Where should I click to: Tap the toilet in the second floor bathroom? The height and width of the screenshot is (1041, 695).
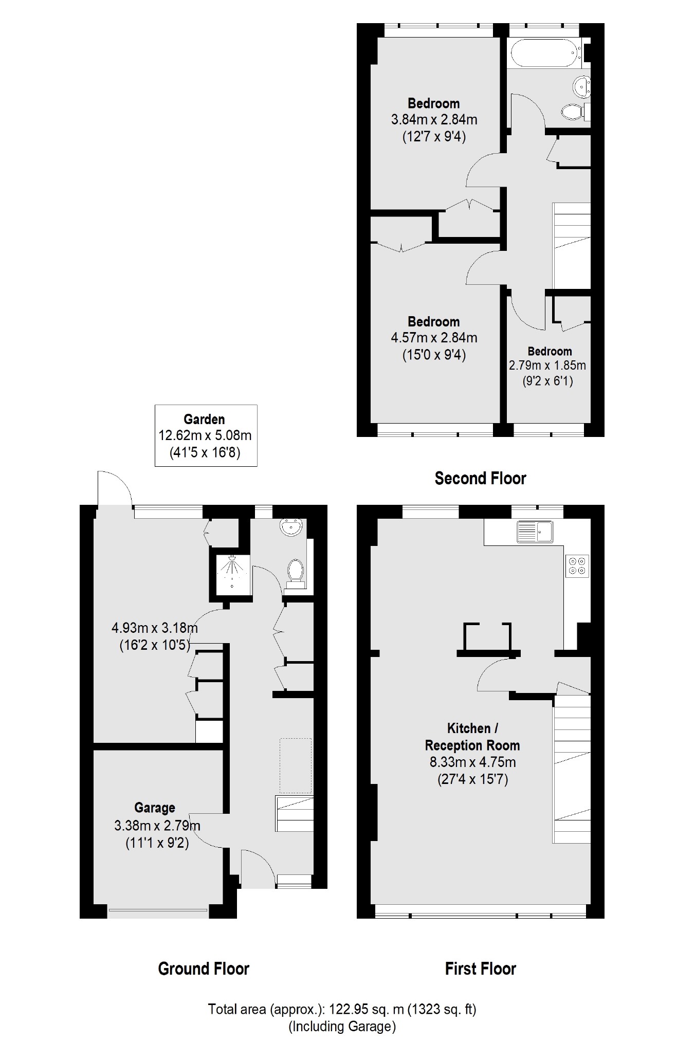573,111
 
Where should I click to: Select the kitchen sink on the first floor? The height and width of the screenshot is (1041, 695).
535,532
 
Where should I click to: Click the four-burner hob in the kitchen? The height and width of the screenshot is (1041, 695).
576,565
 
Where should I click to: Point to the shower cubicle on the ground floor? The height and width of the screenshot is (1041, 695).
231,572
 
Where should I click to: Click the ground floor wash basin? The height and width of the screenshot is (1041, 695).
291,527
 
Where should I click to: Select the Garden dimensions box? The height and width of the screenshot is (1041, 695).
206,435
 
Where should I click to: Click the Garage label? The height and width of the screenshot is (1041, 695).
155,808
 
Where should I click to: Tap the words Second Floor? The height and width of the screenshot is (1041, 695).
480,478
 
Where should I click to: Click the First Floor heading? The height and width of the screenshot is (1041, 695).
480,969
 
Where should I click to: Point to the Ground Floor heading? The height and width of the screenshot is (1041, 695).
204,969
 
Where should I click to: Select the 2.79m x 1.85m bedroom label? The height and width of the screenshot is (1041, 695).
548,366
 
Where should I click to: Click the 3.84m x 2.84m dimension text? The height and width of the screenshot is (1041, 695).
434,120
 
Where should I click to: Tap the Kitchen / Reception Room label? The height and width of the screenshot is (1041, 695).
472,737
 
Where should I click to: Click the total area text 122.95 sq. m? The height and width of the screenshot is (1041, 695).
342,1009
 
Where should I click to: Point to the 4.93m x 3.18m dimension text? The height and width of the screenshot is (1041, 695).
154,628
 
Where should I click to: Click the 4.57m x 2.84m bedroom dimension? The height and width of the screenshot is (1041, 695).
434,338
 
